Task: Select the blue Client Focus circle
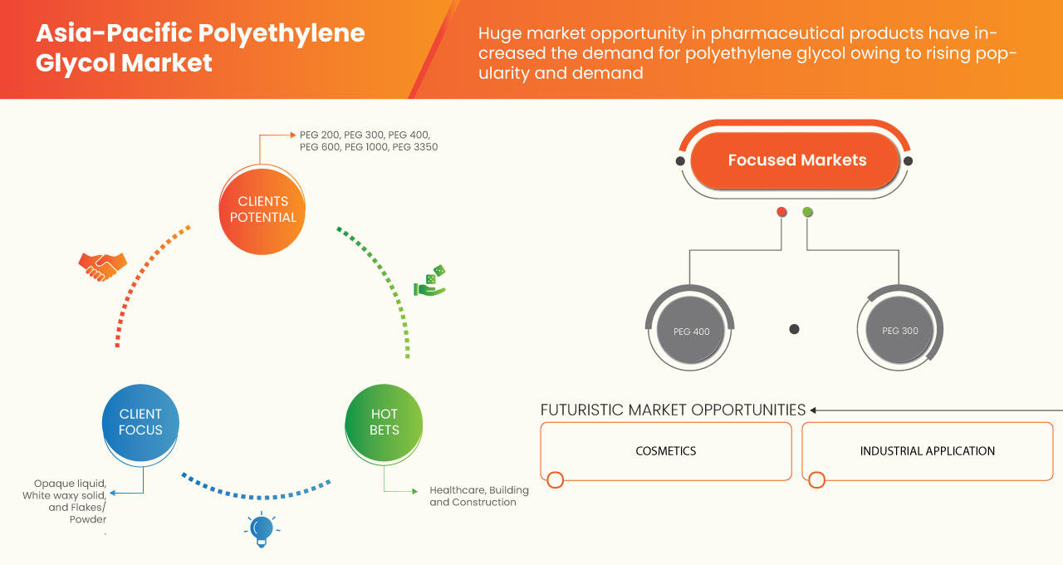(x=140, y=422)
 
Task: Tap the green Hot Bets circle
(x=384, y=422)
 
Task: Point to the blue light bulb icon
(x=262, y=529)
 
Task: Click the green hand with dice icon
(x=429, y=281)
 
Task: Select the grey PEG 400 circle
(x=691, y=332)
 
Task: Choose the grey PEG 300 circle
(x=899, y=331)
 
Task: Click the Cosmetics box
(x=665, y=451)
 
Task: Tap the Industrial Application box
(x=927, y=451)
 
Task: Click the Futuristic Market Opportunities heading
(x=673, y=410)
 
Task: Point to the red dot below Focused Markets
(x=781, y=212)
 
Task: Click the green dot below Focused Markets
(x=807, y=212)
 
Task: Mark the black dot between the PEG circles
(x=794, y=329)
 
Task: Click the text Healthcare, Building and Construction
(x=478, y=496)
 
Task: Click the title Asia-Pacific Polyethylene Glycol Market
(x=200, y=48)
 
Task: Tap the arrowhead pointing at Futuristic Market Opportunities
(x=814, y=410)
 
